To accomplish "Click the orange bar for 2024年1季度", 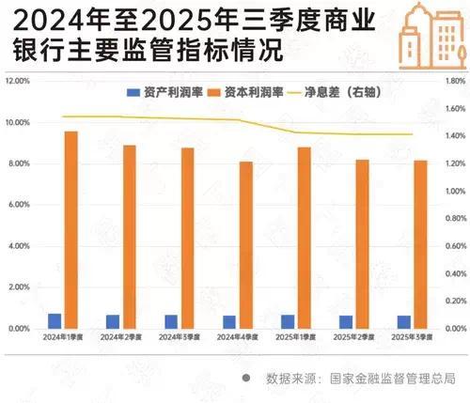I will pos(70,229).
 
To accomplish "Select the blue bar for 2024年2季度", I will pos(113,321).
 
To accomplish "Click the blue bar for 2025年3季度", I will pos(403,321).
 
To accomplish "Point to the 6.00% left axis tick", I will pos(20,205).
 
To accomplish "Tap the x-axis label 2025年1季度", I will pos(296,336).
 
